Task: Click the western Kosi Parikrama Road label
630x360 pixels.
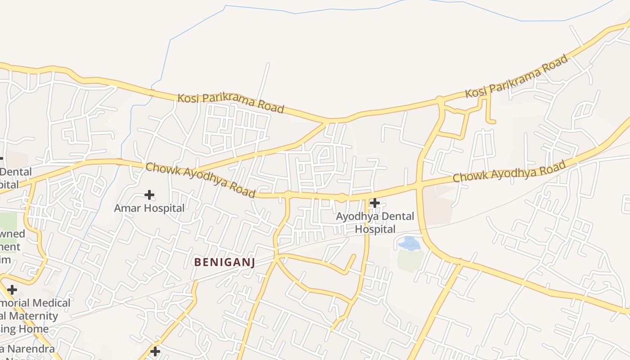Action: [231, 103]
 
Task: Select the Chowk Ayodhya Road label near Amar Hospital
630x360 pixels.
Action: [201, 180]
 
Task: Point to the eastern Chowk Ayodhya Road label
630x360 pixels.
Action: [509, 171]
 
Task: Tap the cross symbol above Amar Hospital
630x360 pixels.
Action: [149, 195]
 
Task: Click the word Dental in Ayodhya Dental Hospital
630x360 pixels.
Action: [385, 216]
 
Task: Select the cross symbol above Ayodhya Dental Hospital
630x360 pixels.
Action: [374, 203]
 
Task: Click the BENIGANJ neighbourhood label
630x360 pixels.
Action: [225, 262]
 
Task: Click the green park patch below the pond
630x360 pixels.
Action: [410, 261]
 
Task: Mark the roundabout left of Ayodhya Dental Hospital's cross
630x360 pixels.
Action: [342, 198]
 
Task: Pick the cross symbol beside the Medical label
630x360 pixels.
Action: [12, 290]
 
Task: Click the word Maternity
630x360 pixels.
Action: [33, 316]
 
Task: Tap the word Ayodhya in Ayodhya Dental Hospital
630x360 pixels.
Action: [352, 216]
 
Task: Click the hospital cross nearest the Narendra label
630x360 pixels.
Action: [155, 351]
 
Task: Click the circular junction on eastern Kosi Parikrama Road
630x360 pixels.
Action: [440, 99]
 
